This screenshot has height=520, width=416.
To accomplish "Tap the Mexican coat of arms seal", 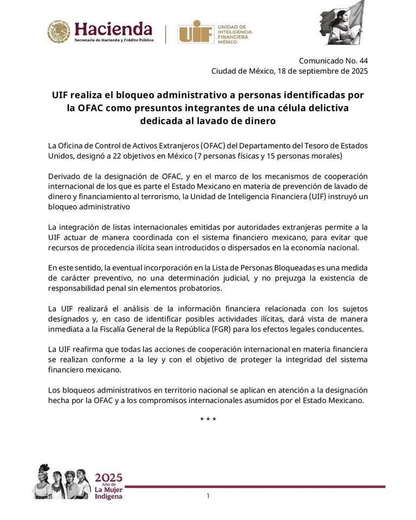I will (x=58, y=32).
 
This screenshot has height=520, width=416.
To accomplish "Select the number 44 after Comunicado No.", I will (x=362, y=61).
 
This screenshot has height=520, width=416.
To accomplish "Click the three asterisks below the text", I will (x=208, y=420).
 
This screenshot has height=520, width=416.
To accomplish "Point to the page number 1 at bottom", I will (x=208, y=496).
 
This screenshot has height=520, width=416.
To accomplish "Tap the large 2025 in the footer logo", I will (x=109, y=478).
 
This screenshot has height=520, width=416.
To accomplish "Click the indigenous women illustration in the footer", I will (x=61, y=482).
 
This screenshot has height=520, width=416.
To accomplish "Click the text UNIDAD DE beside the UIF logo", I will (x=231, y=26).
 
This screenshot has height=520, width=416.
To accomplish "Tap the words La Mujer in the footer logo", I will (x=108, y=490).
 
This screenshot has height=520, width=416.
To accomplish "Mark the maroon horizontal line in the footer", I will (x=255, y=486).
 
